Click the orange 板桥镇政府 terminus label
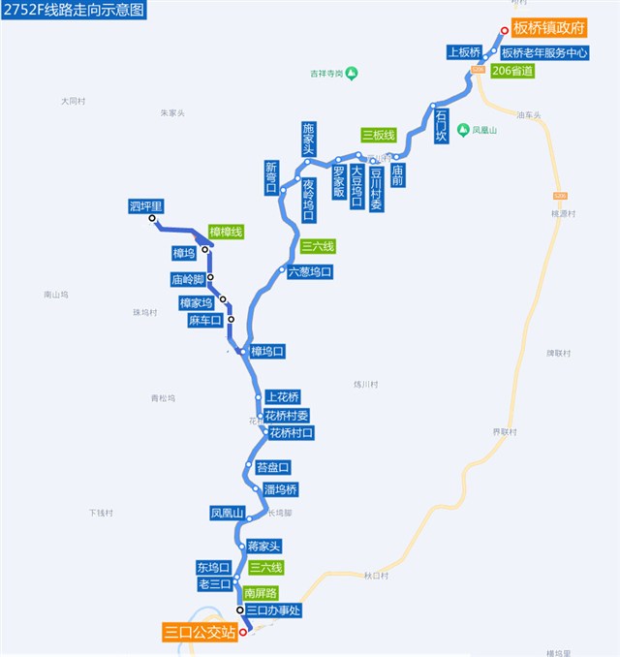[550, 30]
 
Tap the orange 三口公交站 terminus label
[201, 633]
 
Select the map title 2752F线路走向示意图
[75, 11]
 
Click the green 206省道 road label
[512, 71]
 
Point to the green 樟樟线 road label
[225, 232]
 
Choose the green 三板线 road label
[378, 135]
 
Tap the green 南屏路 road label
[261, 592]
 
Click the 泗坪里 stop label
[145, 205]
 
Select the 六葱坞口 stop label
[310, 272]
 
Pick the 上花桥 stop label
[283, 396]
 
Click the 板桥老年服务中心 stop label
[544, 52]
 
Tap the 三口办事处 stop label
[274, 610]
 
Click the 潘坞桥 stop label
[280, 488]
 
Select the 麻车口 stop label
[205, 321]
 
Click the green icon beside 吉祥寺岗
[352, 73]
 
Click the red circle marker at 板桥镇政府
[504, 30]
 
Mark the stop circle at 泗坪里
[152, 219]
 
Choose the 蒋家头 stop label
[263, 547]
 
